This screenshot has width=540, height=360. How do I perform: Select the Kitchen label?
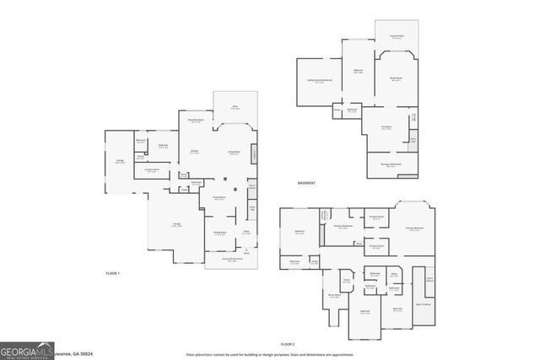coord(194,152)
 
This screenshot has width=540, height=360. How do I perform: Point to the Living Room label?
coord(234,152)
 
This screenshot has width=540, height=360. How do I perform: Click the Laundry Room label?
coord(153,171)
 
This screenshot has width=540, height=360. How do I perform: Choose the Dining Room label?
coord(218,197)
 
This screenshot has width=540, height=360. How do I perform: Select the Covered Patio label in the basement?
coord(396,36)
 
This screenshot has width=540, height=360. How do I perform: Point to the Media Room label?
coord(396,78)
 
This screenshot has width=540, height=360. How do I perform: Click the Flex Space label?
coord(387,128)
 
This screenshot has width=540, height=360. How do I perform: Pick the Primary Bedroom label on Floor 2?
coord(413,228)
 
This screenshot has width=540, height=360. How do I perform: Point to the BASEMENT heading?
coord(307,183)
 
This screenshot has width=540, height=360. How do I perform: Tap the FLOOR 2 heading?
coord(288,344)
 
